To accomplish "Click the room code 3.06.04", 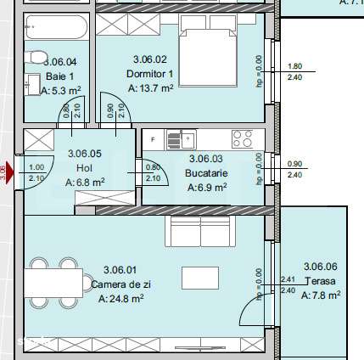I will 59,61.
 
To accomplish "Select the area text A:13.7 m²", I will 151,87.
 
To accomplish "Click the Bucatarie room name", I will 204,172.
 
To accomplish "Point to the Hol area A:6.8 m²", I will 87,182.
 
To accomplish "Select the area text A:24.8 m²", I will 120,298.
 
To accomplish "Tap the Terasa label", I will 320,281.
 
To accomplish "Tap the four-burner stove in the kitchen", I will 242,138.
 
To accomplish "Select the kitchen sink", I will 182,138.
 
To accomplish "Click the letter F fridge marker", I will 153,138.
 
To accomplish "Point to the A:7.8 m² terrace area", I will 322,295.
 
